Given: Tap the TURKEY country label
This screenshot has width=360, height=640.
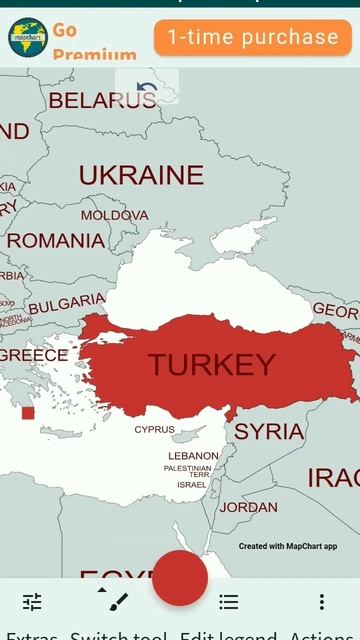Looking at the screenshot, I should click(212, 365).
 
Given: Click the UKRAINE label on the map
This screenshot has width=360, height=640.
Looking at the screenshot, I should click(141, 176).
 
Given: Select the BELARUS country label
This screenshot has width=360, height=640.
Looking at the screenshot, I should click(102, 100).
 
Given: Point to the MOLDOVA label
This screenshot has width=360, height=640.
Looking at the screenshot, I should click(114, 215).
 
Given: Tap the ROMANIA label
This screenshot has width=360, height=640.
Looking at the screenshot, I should click(55, 241).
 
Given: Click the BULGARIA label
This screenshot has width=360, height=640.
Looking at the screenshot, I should click(66, 304).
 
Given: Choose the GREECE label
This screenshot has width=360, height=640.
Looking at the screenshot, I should click(34, 355).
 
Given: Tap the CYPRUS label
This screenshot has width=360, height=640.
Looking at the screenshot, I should click(154, 430).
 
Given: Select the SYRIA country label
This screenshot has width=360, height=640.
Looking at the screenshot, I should click(269, 432).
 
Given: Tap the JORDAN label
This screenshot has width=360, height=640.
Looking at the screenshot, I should click(248, 507).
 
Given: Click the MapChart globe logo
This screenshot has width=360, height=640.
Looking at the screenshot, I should click(28, 37).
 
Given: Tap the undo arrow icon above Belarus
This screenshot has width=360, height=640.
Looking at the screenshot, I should click(147, 89).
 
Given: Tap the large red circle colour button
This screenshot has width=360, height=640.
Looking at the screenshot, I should click(180, 577).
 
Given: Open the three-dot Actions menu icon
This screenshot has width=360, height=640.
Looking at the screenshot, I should click(321, 602).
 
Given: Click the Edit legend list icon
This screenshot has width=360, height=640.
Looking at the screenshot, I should click(229, 602).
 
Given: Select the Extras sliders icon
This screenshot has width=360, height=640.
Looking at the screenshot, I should click(32, 602).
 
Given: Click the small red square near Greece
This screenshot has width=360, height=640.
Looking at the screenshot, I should click(28, 413).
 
